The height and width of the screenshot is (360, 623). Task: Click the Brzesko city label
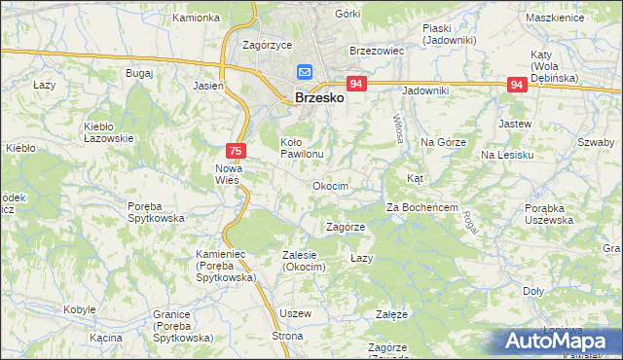pyautogui.click(x=317, y=97)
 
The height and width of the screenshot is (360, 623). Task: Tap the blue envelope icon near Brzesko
pyautogui.click(x=304, y=72)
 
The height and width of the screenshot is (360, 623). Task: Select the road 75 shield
pyautogui.click(x=235, y=151)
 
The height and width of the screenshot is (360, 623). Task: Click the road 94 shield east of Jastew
pyautogui.click(x=517, y=86)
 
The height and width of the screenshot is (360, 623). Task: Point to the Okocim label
pyautogui.click(x=330, y=185)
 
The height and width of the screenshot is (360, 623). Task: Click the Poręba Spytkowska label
pyautogui.click(x=156, y=211)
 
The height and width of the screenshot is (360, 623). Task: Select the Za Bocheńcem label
pyautogui.click(x=421, y=207)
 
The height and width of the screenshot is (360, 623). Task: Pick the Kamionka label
pyautogui.click(x=196, y=18)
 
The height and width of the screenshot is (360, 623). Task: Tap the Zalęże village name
pyautogui.click(x=391, y=315)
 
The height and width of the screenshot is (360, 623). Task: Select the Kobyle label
pyautogui.click(x=78, y=308)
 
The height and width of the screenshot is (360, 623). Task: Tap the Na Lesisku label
pyautogui.click(x=507, y=155)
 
